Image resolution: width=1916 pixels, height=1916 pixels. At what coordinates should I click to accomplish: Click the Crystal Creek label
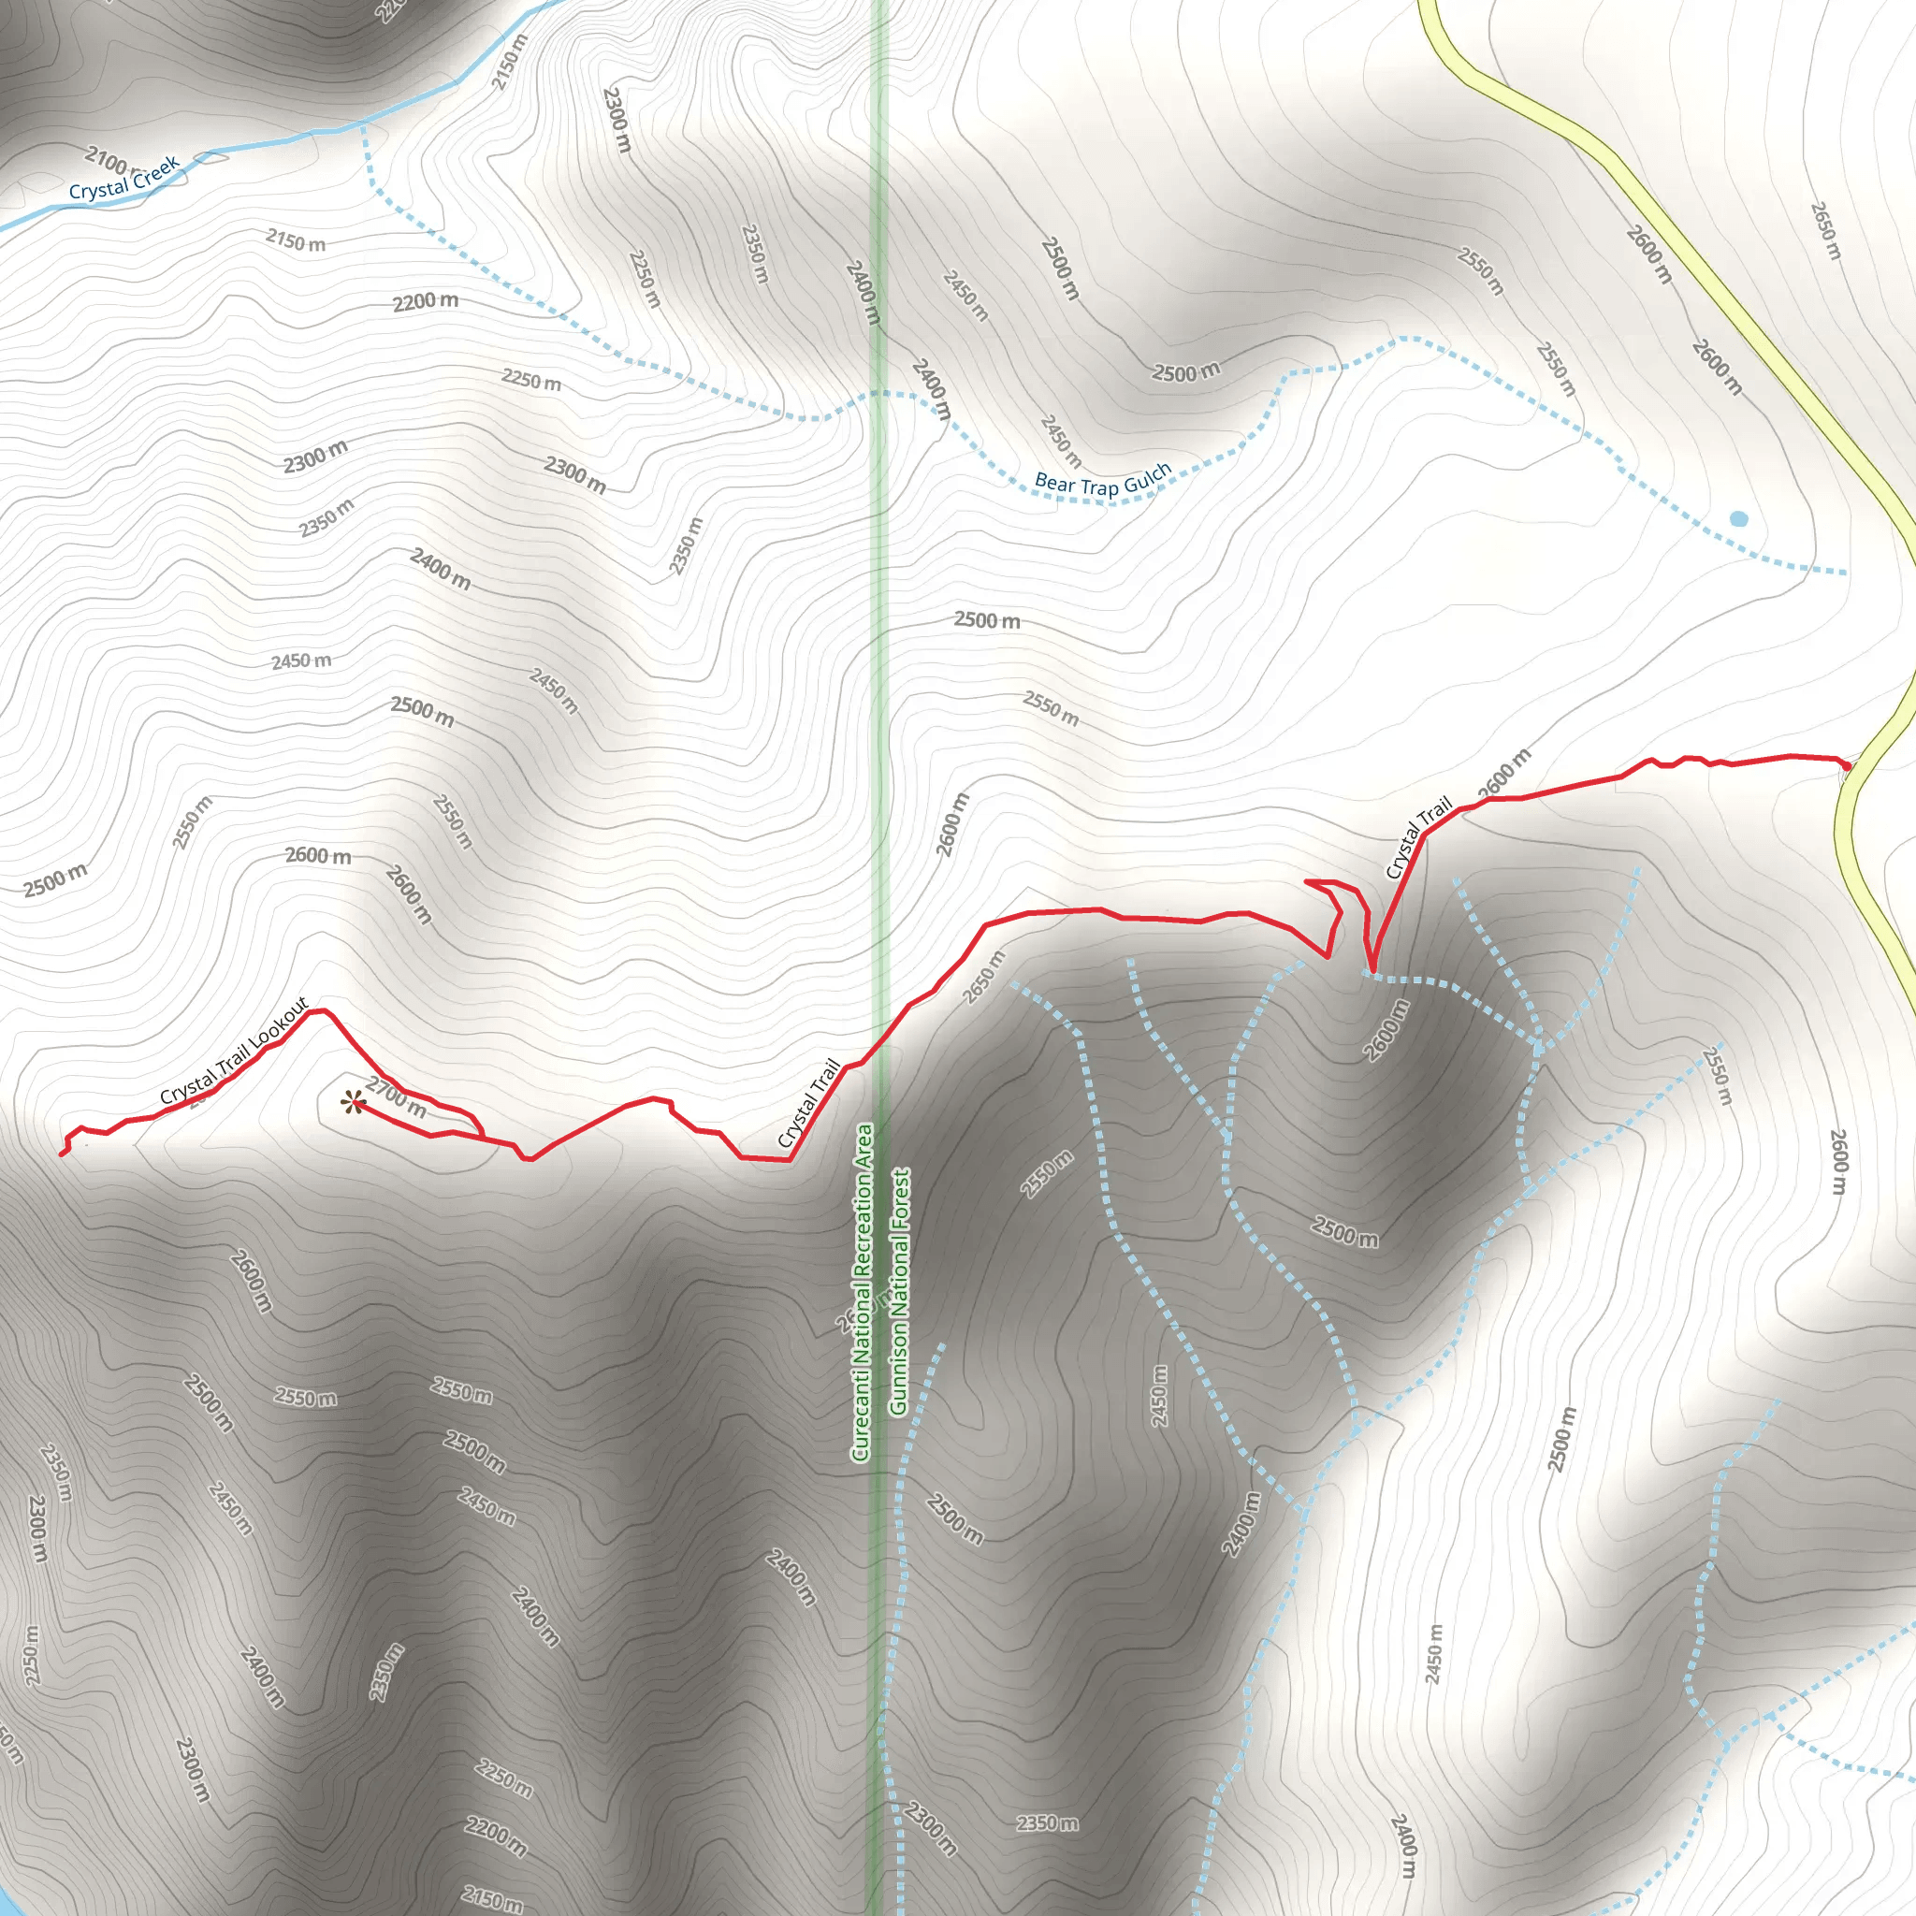coord(124,178)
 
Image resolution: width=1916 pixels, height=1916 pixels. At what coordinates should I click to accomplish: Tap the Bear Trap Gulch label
coord(1103,482)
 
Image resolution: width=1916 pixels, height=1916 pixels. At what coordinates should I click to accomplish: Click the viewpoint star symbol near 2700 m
coord(351,1103)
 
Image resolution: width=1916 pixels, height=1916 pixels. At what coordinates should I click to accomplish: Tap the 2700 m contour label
coord(397,1096)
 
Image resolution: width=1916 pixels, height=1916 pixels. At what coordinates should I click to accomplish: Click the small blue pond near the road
coord(1738,518)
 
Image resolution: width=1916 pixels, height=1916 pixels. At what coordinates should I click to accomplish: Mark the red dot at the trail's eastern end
coord(1847,765)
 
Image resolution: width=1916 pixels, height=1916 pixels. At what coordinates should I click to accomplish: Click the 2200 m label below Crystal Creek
coord(426,301)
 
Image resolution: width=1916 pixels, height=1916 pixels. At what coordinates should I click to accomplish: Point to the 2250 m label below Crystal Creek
coord(530,379)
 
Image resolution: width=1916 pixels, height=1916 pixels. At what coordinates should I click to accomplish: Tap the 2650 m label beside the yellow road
coord(1826,230)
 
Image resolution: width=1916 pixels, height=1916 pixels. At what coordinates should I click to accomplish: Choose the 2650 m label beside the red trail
coord(984,976)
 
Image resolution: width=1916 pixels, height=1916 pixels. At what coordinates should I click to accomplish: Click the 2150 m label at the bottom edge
coord(492,1900)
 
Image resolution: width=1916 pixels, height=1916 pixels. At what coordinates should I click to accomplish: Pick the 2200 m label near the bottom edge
coord(496,1836)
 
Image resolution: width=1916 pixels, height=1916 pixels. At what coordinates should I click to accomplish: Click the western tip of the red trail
coord(63,1154)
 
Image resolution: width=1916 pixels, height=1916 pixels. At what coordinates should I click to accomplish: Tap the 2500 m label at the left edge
coord(55,878)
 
